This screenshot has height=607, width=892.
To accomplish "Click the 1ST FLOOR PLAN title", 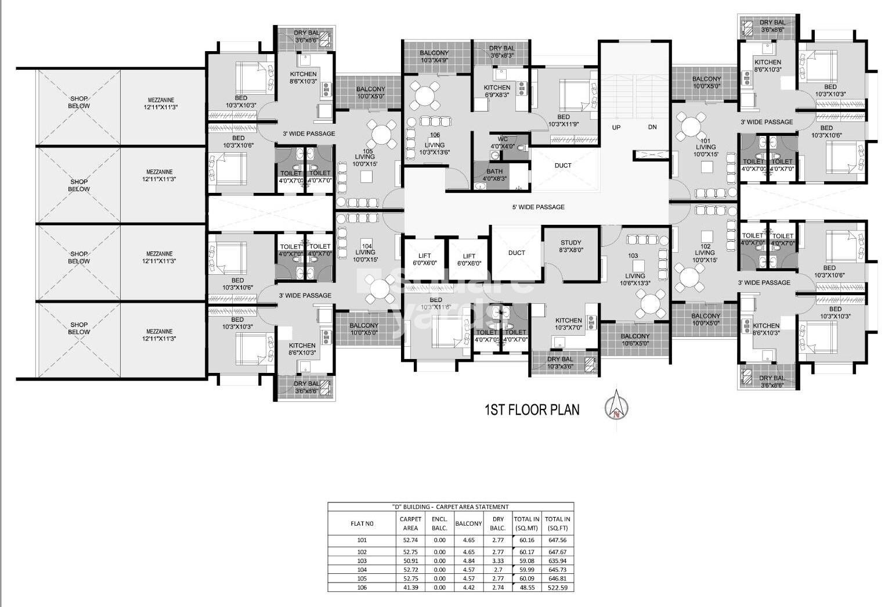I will point(532,410).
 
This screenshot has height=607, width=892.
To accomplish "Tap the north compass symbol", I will point(616,407).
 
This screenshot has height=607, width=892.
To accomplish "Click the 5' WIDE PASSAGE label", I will point(538,207).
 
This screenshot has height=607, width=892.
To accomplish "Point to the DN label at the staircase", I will point(652,127).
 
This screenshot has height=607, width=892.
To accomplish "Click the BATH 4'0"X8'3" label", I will point(494,175).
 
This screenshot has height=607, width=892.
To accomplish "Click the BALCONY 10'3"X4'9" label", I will point(434,56).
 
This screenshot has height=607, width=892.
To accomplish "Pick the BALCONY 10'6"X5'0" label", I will point(635,339).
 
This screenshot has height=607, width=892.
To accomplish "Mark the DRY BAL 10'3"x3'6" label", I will point(559,362).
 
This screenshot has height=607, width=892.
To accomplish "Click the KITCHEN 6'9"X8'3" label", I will point(497,91).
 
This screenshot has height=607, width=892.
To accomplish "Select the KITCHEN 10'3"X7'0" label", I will point(568,324).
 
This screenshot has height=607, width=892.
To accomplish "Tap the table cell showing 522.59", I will point(557,587).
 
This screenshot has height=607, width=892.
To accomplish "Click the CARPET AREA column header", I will point(410,523).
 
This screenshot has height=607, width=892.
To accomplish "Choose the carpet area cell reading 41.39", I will point(410,587).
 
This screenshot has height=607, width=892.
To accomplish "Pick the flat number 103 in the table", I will point(362,561).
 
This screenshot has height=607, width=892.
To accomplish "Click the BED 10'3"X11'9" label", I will point(564,120).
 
